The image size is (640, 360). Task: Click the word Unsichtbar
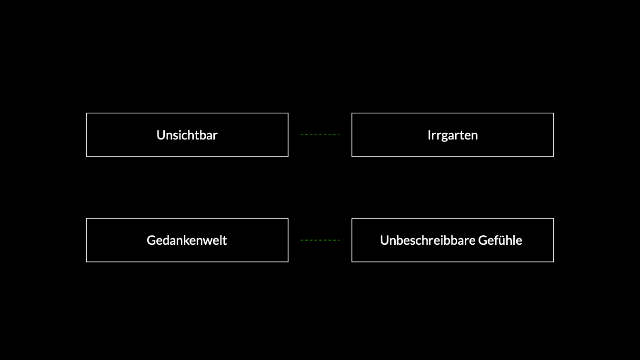(187, 135)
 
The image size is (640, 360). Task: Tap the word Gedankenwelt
(187, 240)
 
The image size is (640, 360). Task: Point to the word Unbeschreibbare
(428, 240)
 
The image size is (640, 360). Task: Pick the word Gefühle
(500, 240)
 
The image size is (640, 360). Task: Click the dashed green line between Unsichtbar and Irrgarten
(320, 135)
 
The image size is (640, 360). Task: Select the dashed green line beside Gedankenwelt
(320, 240)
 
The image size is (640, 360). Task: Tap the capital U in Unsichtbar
(161, 135)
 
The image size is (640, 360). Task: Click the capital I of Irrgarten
(429, 135)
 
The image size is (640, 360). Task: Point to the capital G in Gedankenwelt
(151, 240)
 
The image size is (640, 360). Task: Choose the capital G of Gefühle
(483, 240)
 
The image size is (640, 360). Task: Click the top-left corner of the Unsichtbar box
(86, 113)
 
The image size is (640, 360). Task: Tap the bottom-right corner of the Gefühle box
(554, 262)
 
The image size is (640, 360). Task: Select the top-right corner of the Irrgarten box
(554, 113)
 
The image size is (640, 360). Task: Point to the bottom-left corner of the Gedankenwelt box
(86, 262)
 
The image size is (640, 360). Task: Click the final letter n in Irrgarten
(474, 137)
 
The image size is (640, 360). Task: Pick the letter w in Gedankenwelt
(209, 242)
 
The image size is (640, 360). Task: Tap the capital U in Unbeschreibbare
(385, 240)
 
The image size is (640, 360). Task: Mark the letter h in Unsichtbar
(194, 135)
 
